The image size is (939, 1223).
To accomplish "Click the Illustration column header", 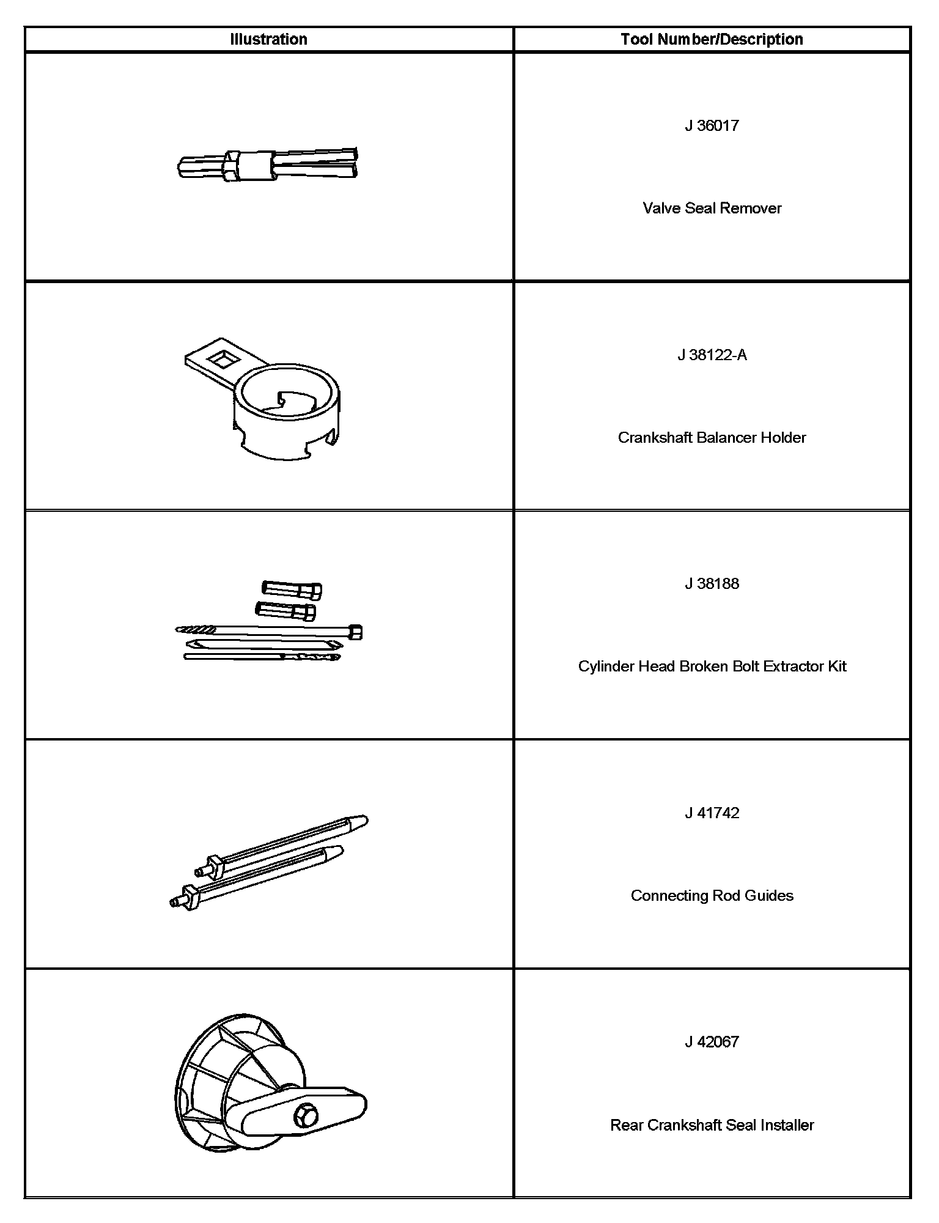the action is click(268, 40).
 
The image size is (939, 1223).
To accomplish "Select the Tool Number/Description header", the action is click(712, 40).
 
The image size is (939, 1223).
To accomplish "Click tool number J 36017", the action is click(712, 126).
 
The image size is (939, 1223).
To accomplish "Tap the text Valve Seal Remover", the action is click(712, 209).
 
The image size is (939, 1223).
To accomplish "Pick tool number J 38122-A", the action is click(712, 355).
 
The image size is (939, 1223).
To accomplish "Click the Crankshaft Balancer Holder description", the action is click(712, 438).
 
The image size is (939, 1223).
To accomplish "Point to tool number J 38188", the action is click(712, 584).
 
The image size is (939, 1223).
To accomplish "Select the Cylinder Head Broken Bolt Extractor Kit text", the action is click(712, 667).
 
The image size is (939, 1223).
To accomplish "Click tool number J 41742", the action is click(712, 813).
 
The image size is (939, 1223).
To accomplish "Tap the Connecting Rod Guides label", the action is click(712, 896).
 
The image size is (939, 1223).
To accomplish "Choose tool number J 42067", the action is click(712, 1042).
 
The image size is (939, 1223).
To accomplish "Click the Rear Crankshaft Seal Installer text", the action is click(712, 1125).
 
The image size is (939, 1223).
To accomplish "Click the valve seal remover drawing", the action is click(268, 164).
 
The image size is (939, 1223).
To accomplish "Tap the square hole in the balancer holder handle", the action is click(221, 358).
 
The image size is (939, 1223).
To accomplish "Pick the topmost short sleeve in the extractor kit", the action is click(292, 589).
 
